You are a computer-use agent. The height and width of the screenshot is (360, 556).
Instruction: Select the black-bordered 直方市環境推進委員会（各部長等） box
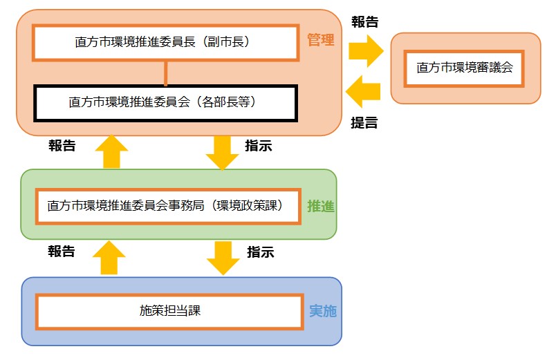click(x=165, y=102)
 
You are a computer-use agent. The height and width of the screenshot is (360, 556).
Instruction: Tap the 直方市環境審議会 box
click(x=464, y=68)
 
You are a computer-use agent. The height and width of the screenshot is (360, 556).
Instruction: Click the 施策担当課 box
click(x=169, y=311)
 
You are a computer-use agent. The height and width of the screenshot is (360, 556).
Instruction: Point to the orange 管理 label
click(x=320, y=41)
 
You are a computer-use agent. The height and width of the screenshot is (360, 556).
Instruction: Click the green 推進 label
click(x=321, y=206)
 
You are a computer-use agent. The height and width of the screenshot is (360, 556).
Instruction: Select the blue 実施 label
click(x=322, y=311)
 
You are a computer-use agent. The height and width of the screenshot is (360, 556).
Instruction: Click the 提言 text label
click(x=364, y=123)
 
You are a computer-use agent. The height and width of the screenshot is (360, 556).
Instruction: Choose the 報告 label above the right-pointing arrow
click(x=364, y=21)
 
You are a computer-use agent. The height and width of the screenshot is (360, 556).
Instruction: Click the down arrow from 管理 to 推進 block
click(x=222, y=151)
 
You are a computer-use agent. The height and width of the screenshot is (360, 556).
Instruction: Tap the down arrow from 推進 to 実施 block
click(x=223, y=257)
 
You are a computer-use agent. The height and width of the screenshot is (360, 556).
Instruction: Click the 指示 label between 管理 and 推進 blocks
click(x=259, y=146)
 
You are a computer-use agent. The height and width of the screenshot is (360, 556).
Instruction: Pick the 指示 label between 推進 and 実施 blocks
click(x=260, y=252)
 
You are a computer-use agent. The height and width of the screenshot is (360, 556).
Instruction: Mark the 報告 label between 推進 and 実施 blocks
click(x=62, y=252)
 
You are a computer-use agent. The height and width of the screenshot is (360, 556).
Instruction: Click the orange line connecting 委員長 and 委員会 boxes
click(x=165, y=73)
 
